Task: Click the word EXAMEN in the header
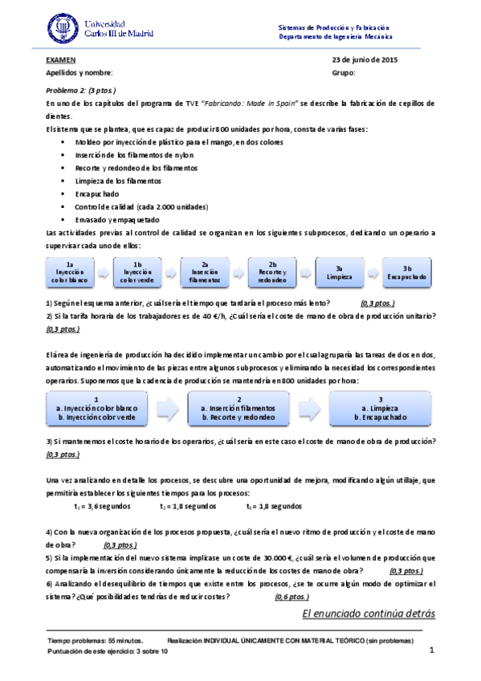point(61,60)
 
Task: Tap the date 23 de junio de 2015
point(364,60)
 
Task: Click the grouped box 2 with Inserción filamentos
point(238,408)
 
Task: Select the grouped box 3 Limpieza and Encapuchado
point(381,408)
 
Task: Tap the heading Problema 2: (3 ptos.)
point(81,90)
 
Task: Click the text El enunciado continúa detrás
point(368,614)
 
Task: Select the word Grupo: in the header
point(343,73)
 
